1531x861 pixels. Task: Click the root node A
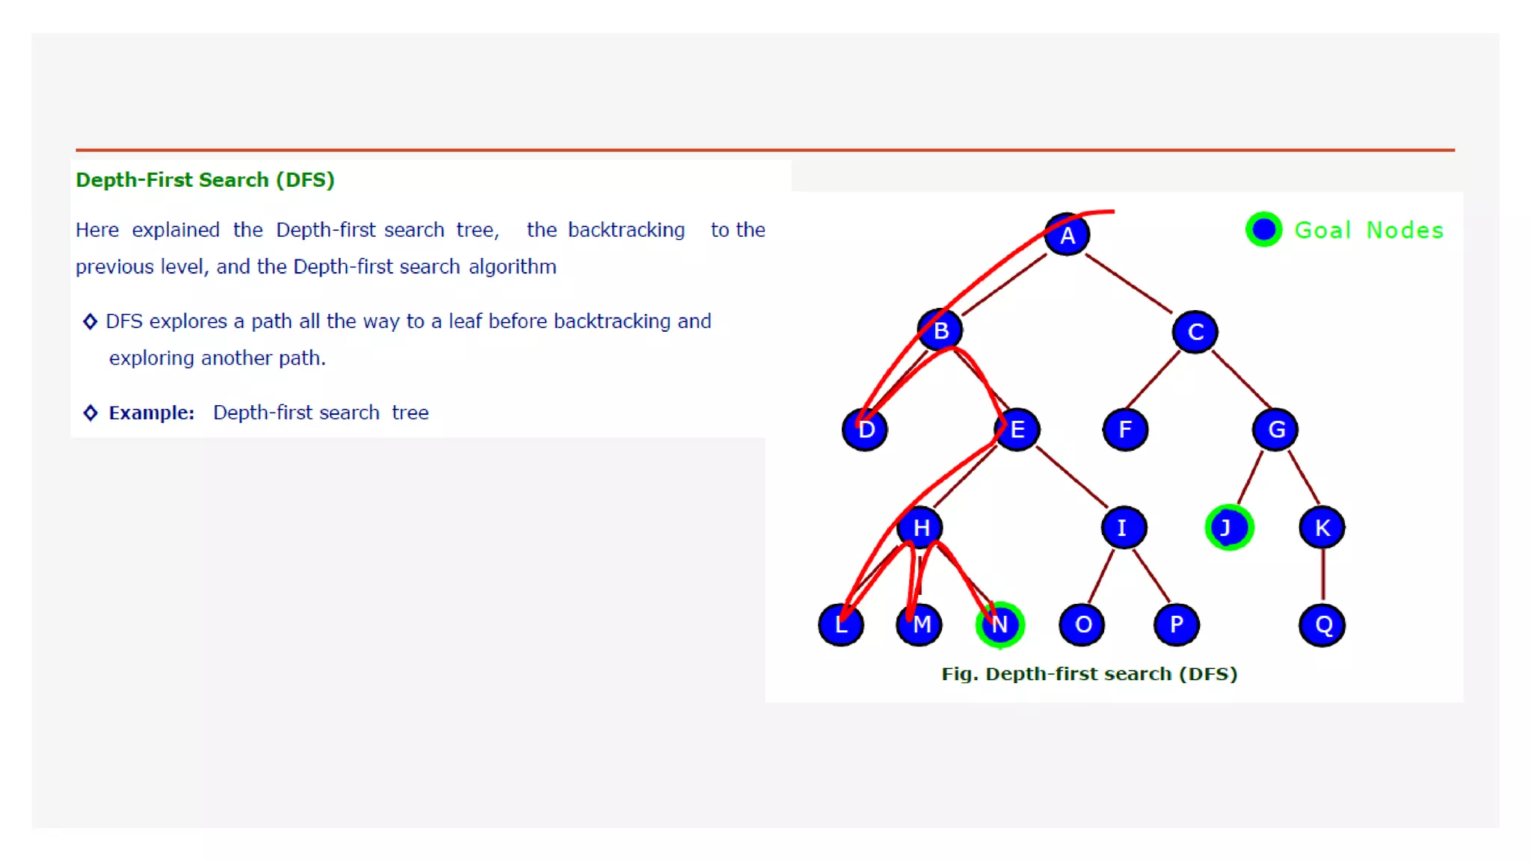1067,235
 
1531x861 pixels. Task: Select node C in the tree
1195,332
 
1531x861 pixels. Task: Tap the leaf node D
865,430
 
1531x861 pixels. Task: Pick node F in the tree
1125,430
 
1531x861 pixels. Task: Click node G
1275,430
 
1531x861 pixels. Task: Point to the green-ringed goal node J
1228,528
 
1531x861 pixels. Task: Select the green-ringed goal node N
999,625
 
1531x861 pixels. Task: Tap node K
1322,528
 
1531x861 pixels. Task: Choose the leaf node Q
1322,625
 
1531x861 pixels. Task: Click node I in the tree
1123,528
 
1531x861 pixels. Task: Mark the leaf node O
1082,625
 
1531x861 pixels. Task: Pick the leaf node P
1176,625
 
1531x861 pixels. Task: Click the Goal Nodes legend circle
1263,229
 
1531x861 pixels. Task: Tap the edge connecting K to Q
1322,575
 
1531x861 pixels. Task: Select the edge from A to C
1129,283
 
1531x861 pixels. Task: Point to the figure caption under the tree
1089,674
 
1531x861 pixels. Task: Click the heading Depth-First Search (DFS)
205,180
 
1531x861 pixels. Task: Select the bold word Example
151,413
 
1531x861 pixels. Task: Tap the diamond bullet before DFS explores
90,321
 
